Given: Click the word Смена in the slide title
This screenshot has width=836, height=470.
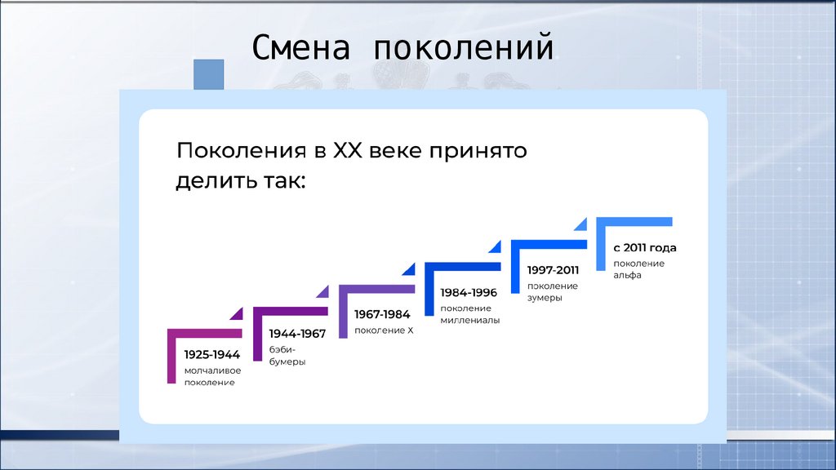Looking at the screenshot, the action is (x=301, y=49).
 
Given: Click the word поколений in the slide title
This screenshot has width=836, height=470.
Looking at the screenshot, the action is (x=464, y=49).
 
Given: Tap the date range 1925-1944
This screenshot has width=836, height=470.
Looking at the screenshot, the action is (x=211, y=355).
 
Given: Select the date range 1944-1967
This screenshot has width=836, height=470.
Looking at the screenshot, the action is (x=297, y=334).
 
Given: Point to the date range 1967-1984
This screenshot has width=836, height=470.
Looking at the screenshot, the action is (x=382, y=313).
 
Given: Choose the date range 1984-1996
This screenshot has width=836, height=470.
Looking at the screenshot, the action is (x=469, y=292).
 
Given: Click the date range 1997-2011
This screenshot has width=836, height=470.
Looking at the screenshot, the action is (x=553, y=270).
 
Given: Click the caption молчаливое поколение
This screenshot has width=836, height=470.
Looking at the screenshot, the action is (x=212, y=376).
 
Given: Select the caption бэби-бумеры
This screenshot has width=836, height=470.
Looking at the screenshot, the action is (x=287, y=356).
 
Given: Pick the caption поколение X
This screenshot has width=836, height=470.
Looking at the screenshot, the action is (x=384, y=330).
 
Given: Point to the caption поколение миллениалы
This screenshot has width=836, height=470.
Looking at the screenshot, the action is (x=469, y=314).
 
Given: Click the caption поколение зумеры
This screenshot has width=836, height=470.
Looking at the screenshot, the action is (x=552, y=292).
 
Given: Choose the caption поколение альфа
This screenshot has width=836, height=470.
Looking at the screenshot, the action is (x=638, y=269).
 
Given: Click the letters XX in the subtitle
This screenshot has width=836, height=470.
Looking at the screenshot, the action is (x=345, y=151).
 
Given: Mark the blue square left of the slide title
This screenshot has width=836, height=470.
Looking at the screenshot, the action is (x=208, y=75).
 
